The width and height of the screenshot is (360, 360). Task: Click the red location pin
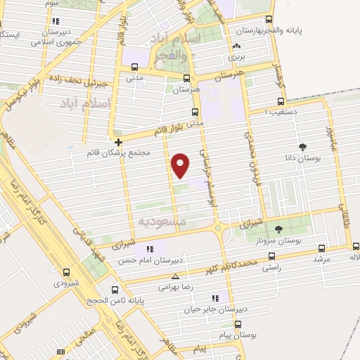click(x=181, y=165)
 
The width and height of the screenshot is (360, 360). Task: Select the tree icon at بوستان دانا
click(x=303, y=147)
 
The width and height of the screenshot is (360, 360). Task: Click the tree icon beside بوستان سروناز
click(x=278, y=229)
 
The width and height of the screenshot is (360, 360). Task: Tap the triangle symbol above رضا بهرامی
click(x=176, y=276)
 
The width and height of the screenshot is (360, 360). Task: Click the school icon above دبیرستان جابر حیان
click(x=226, y=297)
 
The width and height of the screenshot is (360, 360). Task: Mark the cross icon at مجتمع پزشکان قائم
click(x=119, y=142)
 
